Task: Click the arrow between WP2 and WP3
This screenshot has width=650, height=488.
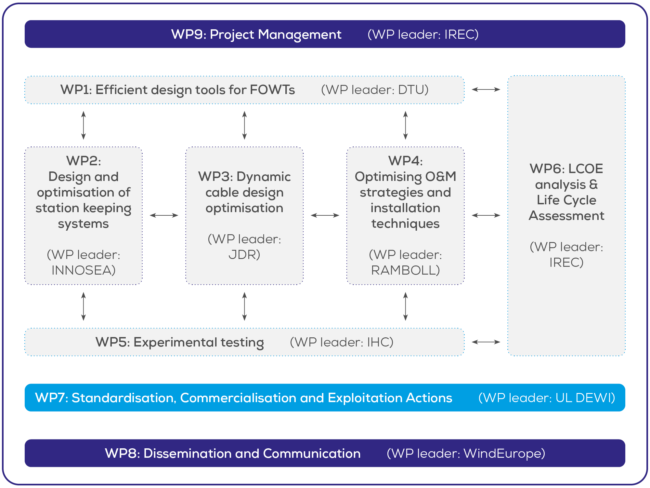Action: pyautogui.click(x=164, y=215)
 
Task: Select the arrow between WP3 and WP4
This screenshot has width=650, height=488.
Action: pyautogui.click(x=325, y=215)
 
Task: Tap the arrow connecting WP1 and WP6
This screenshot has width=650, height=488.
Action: pyautogui.click(x=486, y=89)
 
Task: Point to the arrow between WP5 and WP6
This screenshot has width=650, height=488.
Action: pyautogui.click(x=486, y=342)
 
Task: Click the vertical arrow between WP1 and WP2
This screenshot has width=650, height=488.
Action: pyautogui.click(x=84, y=125)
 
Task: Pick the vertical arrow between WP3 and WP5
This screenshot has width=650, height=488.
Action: pyautogui.click(x=244, y=306)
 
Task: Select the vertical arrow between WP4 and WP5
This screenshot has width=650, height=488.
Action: pyautogui.click(x=405, y=306)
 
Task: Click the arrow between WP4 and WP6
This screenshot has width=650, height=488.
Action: pyautogui.click(x=486, y=215)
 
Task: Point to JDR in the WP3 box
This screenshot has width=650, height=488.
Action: pyautogui.click(x=242, y=255)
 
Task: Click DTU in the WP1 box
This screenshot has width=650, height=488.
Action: pyautogui.click(x=410, y=90)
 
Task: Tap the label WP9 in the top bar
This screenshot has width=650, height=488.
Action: pyautogui.click(x=189, y=34)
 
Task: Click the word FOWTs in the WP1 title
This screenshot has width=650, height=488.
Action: pyautogui.click(x=272, y=90)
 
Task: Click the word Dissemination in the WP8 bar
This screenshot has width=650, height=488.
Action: pyautogui.click(x=187, y=453)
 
